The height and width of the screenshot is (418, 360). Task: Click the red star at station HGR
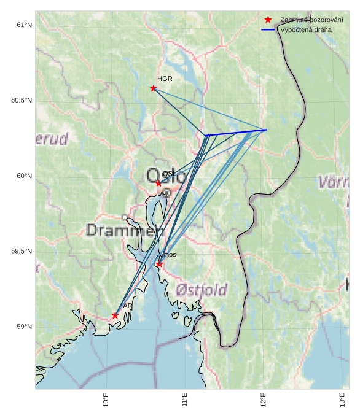(154, 88)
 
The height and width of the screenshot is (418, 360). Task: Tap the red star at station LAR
(115, 315)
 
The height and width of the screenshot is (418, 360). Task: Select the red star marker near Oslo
(158, 184)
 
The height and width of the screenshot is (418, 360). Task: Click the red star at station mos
(159, 265)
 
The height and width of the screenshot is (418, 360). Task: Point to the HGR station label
(165, 79)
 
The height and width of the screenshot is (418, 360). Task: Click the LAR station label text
(126, 306)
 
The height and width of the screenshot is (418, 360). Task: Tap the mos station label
(170, 254)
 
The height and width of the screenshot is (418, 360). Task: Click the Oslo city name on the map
(165, 176)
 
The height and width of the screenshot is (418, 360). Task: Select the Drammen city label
(125, 231)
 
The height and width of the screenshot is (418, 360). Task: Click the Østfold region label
(202, 290)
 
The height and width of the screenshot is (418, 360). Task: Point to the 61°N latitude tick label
(24, 25)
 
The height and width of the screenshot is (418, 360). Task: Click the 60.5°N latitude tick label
(22, 101)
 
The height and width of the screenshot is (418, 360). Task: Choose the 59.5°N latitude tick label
(22, 252)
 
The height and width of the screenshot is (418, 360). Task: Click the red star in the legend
(268, 20)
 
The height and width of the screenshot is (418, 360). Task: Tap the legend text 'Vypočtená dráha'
(305, 29)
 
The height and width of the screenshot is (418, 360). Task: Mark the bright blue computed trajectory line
(237, 133)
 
